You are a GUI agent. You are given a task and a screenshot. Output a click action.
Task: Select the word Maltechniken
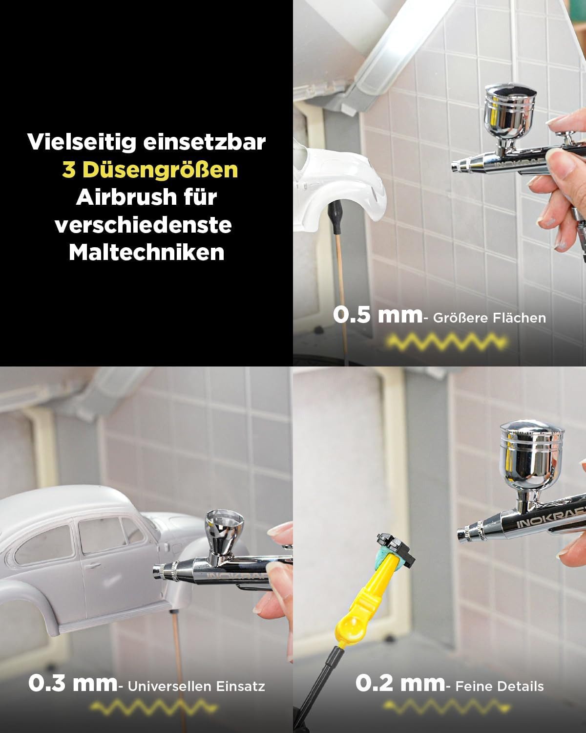[x=146, y=252]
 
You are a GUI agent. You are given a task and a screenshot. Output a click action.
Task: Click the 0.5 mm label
[x=377, y=315]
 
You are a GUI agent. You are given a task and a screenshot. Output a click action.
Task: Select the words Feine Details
[x=500, y=687]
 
